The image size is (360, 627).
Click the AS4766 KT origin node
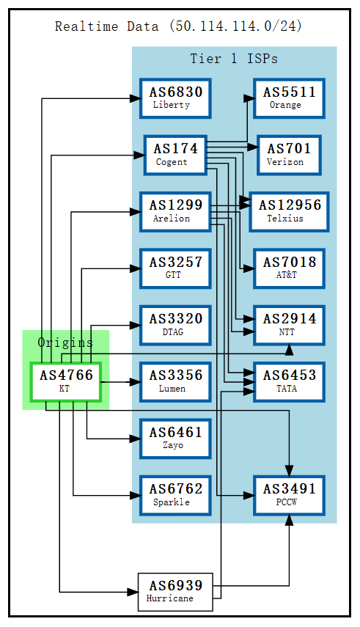click(x=65, y=381)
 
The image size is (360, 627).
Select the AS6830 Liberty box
click(x=175, y=98)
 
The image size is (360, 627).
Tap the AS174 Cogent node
click(x=175, y=155)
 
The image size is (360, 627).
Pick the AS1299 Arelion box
click(x=175, y=211)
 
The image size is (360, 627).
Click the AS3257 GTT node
click(x=175, y=268)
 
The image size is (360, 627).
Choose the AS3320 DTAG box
click(x=175, y=325)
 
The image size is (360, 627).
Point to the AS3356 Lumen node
click(x=175, y=381)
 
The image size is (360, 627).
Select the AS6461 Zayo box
click(x=175, y=438)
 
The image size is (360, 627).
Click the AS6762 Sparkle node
click(x=175, y=495)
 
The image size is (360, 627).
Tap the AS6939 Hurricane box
click(x=175, y=592)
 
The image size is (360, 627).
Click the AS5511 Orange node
click(x=289, y=98)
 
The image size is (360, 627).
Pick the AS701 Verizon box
click(x=289, y=155)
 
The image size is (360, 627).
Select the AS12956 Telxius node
click(x=289, y=211)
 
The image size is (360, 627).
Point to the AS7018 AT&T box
click(x=289, y=268)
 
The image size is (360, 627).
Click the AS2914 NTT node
click(x=289, y=325)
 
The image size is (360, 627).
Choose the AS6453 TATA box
click(x=289, y=381)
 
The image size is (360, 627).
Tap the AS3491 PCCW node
click(x=289, y=495)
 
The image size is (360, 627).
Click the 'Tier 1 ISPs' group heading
click(x=234, y=59)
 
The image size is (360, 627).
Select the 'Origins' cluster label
click(x=65, y=342)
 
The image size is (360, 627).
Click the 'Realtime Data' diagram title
click(x=178, y=26)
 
